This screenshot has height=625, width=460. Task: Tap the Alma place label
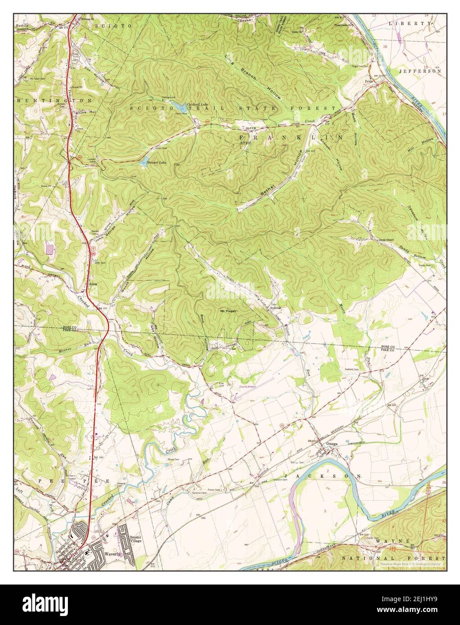[94, 285]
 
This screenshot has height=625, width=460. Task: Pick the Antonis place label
[275, 308]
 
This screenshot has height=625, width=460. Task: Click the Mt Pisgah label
[228, 310]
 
